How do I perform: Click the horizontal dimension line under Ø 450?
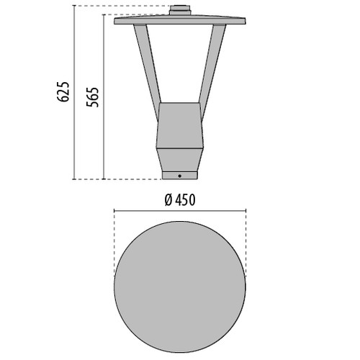[x=180, y=210]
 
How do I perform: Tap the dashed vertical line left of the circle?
[x=114, y=245]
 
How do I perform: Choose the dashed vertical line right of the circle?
[x=246, y=245]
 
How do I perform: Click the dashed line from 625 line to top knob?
[x=122, y=6]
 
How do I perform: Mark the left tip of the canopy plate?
[x=116, y=19]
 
